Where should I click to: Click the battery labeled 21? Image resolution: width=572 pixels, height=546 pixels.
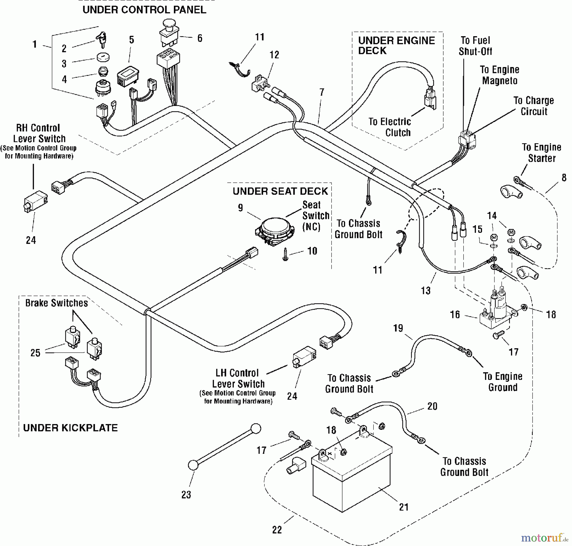(x=351, y=476)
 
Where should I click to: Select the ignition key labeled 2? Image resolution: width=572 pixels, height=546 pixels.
(x=101, y=39)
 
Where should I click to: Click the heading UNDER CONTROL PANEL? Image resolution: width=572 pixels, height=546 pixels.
(x=144, y=10)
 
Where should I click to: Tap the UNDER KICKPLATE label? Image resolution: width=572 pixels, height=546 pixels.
(x=70, y=428)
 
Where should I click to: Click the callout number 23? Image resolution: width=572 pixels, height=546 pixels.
(x=186, y=495)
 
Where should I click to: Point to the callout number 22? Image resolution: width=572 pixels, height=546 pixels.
(x=277, y=529)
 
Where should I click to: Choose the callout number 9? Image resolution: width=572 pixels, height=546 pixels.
(x=241, y=208)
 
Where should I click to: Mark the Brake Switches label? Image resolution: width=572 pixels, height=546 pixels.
(x=57, y=303)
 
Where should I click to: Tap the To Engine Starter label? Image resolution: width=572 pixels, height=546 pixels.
(x=542, y=153)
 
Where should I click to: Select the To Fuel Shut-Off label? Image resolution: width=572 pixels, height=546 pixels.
(x=475, y=46)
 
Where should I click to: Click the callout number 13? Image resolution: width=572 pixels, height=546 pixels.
(x=426, y=290)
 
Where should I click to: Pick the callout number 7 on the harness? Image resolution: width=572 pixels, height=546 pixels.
(x=322, y=92)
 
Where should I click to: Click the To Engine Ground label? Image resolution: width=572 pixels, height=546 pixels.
(x=503, y=382)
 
